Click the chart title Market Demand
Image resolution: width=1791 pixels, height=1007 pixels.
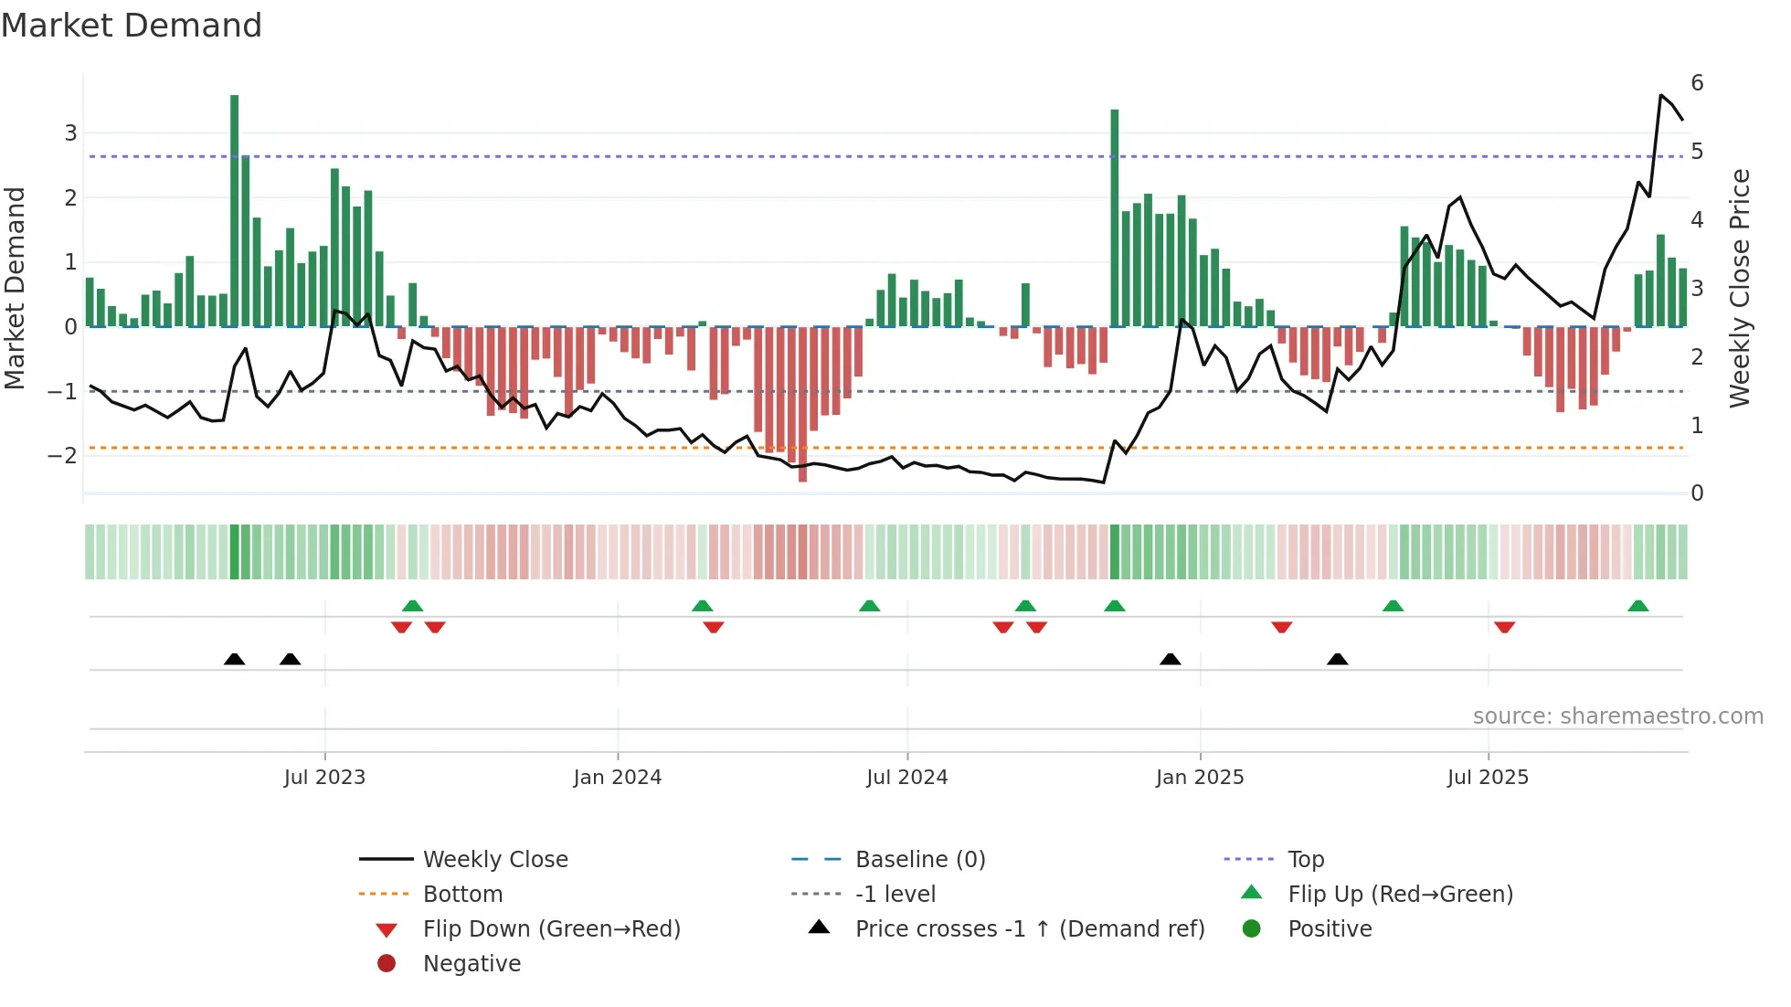(132, 26)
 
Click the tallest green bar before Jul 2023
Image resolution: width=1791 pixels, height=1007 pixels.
(235, 210)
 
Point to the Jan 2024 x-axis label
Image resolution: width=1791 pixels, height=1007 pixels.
(617, 778)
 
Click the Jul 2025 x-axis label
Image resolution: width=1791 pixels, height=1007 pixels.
(1488, 778)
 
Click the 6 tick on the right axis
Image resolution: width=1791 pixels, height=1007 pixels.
(1697, 83)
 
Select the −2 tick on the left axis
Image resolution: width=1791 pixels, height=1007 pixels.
(64, 456)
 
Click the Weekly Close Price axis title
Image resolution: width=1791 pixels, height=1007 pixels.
(1740, 288)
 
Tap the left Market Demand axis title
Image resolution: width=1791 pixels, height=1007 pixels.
(16, 288)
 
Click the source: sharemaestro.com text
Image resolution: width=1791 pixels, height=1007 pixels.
(1617, 716)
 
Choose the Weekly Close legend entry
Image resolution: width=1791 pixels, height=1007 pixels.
(494, 860)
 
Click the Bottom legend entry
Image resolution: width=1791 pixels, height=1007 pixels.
(462, 895)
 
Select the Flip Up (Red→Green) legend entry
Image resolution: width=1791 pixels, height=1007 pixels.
(1400, 895)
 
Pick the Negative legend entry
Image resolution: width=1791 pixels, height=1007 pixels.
(472, 964)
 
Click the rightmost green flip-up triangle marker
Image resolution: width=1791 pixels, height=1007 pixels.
(1638, 606)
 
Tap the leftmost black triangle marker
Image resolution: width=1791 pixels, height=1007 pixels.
(235, 659)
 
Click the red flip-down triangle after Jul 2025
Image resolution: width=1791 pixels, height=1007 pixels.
(1505, 627)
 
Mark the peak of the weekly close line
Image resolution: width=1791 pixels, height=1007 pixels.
(1661, 95)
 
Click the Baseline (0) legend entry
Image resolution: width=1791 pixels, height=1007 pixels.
(919, 860)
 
